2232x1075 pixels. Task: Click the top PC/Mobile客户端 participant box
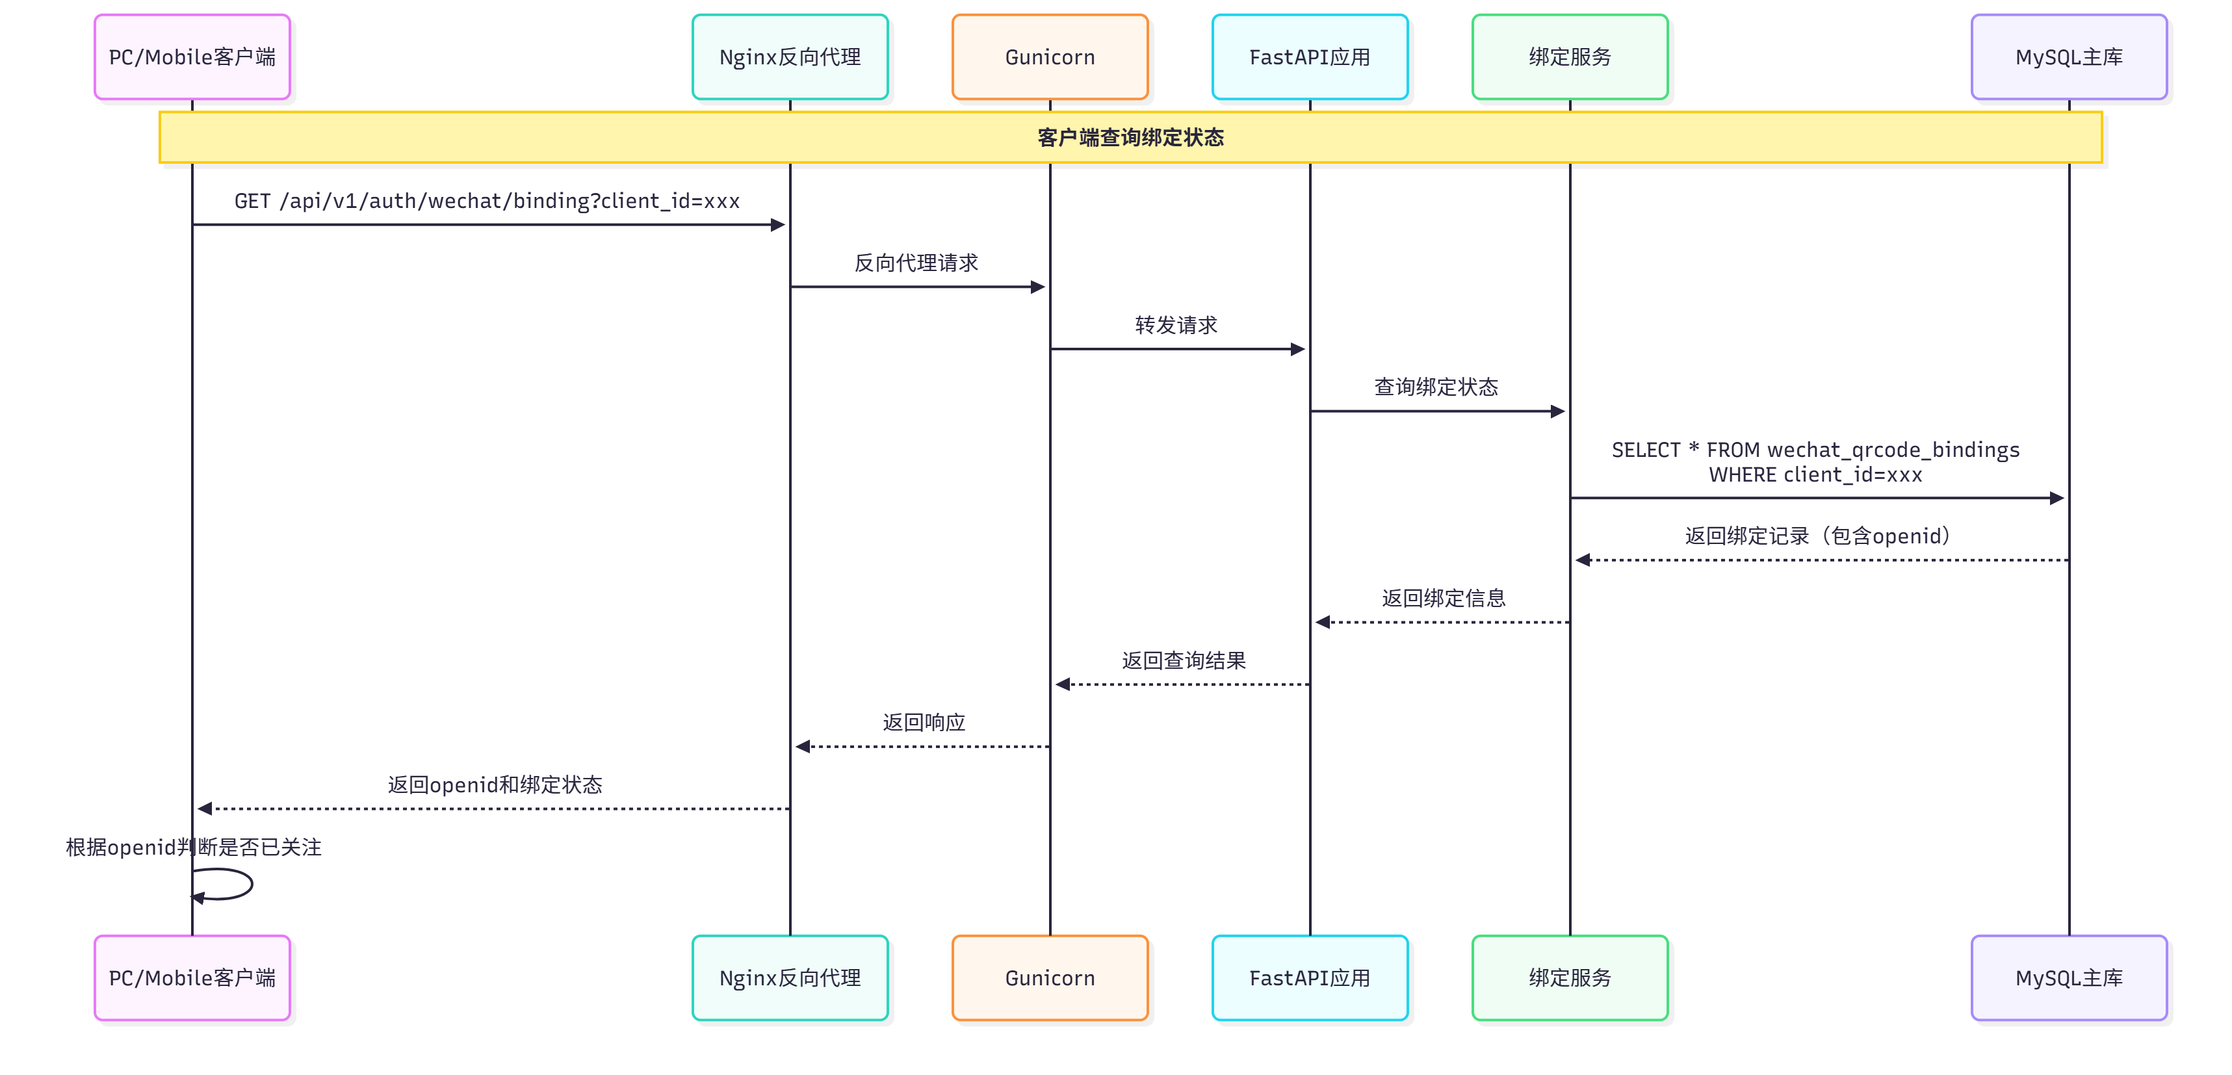point(192,57)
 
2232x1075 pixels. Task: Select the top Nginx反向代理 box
point(789,57)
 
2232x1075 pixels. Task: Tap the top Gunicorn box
point(1049,57)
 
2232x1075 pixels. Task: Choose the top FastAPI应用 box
point(1309,57)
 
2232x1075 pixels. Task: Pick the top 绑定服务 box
point(1569,57)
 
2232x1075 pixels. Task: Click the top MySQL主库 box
point(2068,57)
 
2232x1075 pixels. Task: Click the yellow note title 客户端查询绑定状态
point(1130,138)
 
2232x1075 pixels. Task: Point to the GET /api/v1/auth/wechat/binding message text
point(487,201)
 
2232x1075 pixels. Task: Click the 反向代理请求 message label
point(916,263)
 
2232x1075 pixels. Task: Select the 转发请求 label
point(1176,325)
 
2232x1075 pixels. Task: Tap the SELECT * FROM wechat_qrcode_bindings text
point(1815,450)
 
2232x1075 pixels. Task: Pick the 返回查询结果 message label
point(1184,661)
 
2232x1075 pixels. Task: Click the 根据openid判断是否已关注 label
point(193,847)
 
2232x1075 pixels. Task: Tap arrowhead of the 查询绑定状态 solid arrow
point(1557,411)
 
